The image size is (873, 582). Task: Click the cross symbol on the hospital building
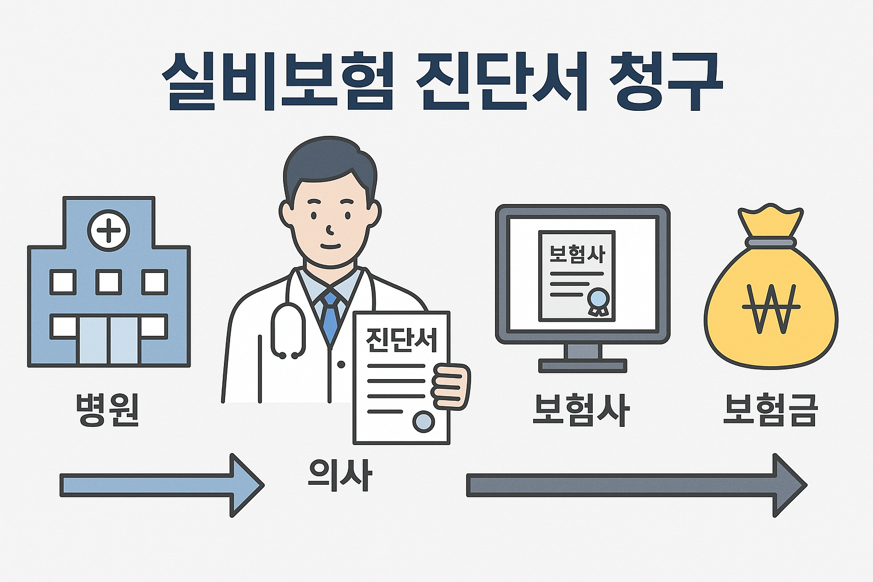click(109, 230)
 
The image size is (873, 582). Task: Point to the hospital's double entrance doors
click(109, 339)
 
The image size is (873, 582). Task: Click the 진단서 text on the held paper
click(402, 339)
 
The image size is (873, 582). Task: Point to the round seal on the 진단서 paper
click(423, 422)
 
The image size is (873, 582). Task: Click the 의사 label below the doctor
click(340, 475)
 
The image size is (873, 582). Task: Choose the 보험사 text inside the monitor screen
click(577, 253)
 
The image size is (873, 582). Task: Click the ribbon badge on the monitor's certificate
click(598, 301)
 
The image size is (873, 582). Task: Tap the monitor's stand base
click(583, 365)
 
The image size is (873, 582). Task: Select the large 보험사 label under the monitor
click(581, 409)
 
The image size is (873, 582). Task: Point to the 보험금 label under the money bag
click(770, 409)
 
